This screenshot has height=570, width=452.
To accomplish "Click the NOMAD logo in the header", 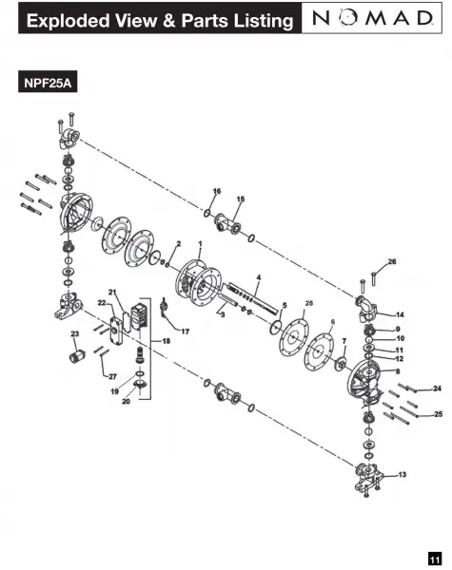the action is tap(372, 18).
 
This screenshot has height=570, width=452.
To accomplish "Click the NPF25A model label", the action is tap(48, 83).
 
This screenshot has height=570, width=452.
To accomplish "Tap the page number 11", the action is tap(435, 558).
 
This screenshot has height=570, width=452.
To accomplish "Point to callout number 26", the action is tap(391, 262).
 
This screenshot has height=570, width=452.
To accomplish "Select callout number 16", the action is tap(217, 191).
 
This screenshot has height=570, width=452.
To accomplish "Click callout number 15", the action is tap(241, 199).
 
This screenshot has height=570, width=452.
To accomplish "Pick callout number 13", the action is tap(403, 474).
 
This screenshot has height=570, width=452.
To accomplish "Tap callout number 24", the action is tap(437, 389).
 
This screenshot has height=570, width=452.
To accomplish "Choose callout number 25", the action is tap(438, 414).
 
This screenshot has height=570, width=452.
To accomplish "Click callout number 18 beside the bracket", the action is tap(167, 341).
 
